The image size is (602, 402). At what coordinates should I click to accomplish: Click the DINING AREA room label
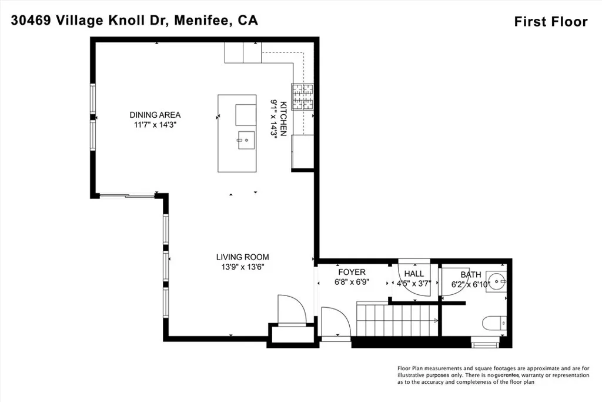155,115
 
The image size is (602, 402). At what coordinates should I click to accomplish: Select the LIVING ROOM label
242,257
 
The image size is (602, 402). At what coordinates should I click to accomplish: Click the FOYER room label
352,272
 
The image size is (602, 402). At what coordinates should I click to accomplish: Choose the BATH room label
471,274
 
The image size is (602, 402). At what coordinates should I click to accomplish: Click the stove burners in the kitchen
304,97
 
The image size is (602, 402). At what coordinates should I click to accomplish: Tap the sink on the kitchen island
245,139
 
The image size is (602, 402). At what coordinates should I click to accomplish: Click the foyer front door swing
337,324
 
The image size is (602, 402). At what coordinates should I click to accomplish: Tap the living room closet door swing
292,309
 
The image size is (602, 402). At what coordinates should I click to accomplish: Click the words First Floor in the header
550,22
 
